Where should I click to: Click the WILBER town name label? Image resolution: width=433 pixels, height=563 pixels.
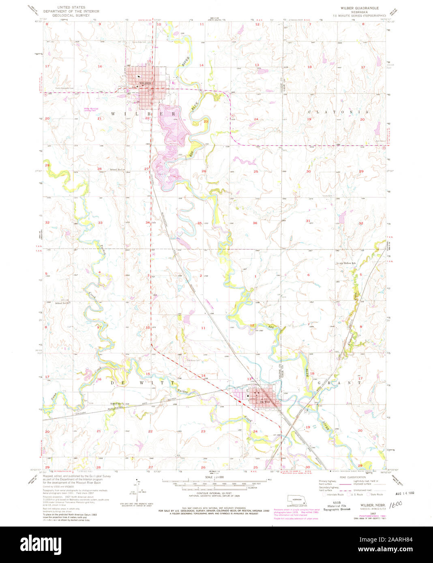click(145, 83)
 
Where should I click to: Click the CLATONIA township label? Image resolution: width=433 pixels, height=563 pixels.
click(339, 112)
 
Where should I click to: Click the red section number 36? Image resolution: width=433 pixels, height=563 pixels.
click(255, 223)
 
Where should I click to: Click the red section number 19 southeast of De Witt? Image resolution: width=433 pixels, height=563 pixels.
click(308, 427)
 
